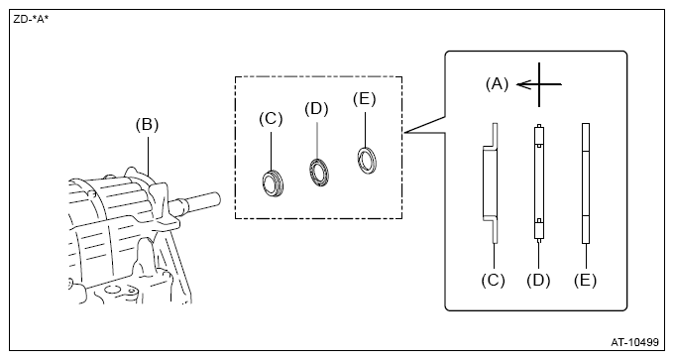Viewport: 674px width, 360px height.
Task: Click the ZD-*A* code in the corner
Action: click(x=31, y=20)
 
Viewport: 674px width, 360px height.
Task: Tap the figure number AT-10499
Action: click(x=634, y=342)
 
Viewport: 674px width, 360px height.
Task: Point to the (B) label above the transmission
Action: click(x=147, y=125)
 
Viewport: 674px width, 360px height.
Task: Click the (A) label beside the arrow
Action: click(x=497, y=84)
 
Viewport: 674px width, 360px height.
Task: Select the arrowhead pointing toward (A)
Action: click(x=521, y=84)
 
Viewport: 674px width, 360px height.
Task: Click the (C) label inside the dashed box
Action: click(x=271, y=119)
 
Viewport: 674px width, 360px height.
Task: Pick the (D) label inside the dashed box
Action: click(x=316, y=109)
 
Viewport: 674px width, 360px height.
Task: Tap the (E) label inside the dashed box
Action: click(x=365, y=99)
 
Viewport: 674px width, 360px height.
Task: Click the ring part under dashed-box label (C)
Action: click(x=273, y=183)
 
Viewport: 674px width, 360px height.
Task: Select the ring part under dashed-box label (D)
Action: click(x=319, y=173)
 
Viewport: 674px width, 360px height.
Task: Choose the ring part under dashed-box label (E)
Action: click(x=367, y=161)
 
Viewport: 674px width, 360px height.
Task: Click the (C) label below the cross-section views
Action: click(x=493, y=281)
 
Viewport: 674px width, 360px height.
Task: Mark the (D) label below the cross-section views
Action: click(x=538, y=281)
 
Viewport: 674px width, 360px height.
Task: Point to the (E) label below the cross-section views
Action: click(x=586, y=281)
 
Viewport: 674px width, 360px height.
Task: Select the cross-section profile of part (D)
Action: click(x=539, y=181)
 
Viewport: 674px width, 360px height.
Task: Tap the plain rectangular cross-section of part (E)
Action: click(x=586, y=183)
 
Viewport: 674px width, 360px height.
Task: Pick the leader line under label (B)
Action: click(x=148, y=156)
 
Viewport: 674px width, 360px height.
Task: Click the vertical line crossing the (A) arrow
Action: click(x=539, y=84)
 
